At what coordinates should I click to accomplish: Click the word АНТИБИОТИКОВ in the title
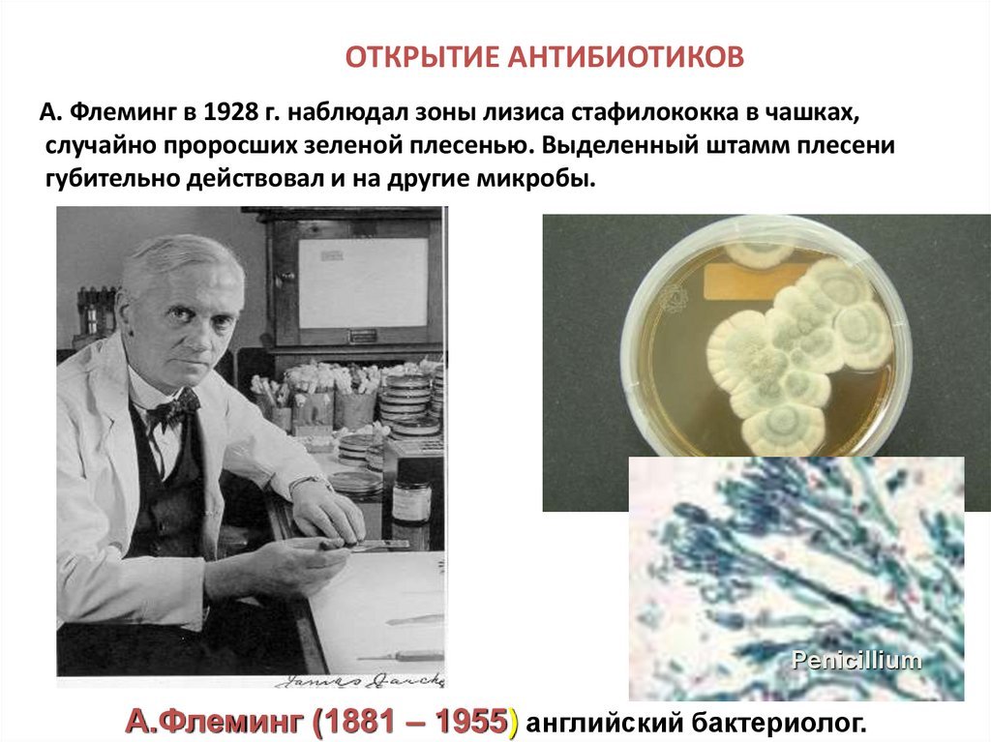(x=626, y=57)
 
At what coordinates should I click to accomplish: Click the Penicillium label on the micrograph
(x=856, y=661)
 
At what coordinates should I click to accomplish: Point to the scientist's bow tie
(x=173, y=409)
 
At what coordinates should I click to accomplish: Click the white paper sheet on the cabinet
(x=363, y=282)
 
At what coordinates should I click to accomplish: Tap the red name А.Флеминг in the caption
(x=218, y=722)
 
